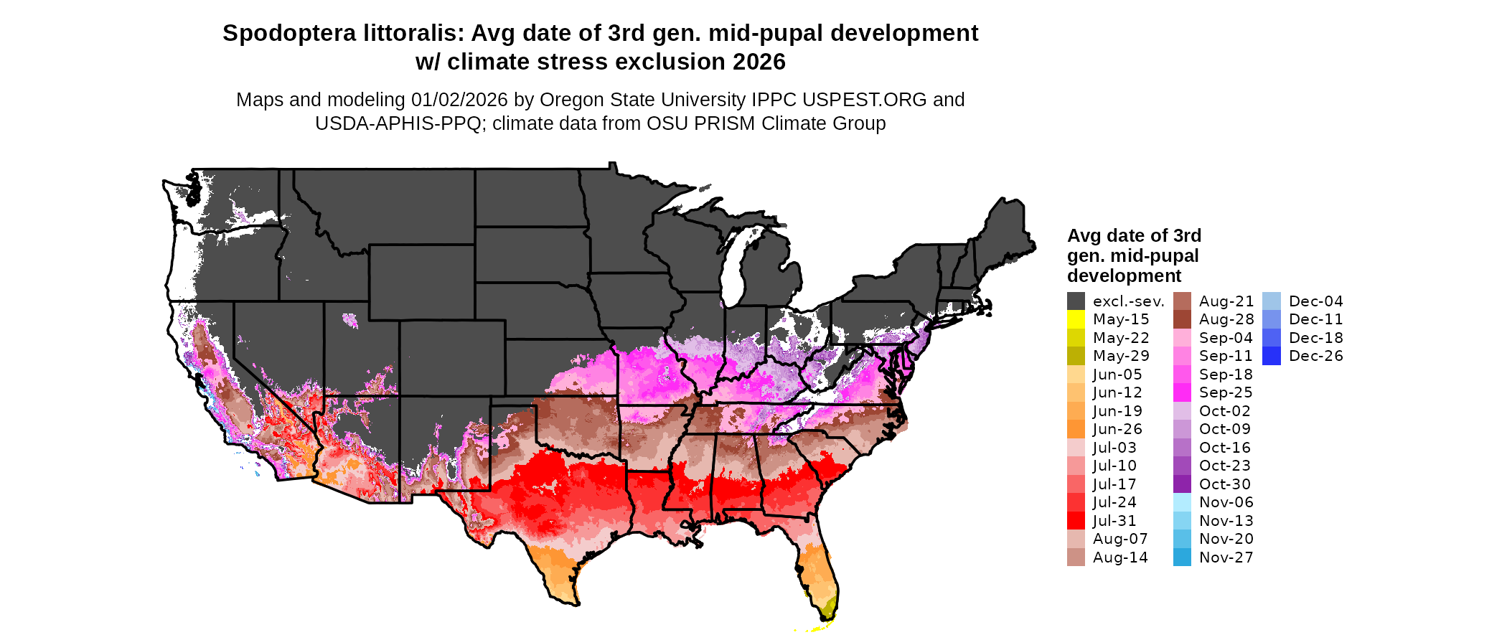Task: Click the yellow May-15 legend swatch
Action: [1076, 319]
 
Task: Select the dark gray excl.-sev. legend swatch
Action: [1076, 301]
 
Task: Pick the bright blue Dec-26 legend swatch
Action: [1271, 356]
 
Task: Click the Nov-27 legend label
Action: [1226, 557]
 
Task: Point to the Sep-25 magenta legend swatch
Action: [1182, 392]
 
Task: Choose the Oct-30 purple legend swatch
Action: [1182, 484]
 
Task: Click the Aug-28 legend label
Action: [1226, 319]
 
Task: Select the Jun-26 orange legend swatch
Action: [1076, 429]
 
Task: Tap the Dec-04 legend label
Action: [1315, 301]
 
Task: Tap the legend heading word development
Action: [1124, 276]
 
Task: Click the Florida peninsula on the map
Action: [819, 574]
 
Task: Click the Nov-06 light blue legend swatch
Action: [1182, 502]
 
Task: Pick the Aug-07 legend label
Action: [1119, 539]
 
